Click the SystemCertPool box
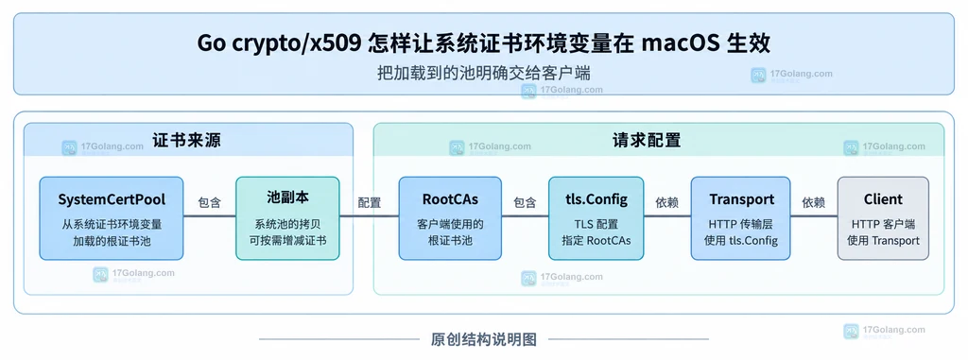point(112,218)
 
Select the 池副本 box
point(287,218)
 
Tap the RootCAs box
point(450,218)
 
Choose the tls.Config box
point(596,218)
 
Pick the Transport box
point(741,218)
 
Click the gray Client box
point(883,218)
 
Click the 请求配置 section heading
point(647,140)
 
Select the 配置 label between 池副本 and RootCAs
point(370,202)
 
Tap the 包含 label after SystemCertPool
point(209,202)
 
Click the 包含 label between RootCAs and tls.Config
point(525,202)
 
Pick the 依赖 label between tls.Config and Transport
point(667,202)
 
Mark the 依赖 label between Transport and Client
point(814,202)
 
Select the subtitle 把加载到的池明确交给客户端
point(484,74)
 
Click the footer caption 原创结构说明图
point(484,339)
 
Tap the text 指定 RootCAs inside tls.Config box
point(596,240)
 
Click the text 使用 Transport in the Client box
point(883,240)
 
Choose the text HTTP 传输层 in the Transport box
point(741,224)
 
